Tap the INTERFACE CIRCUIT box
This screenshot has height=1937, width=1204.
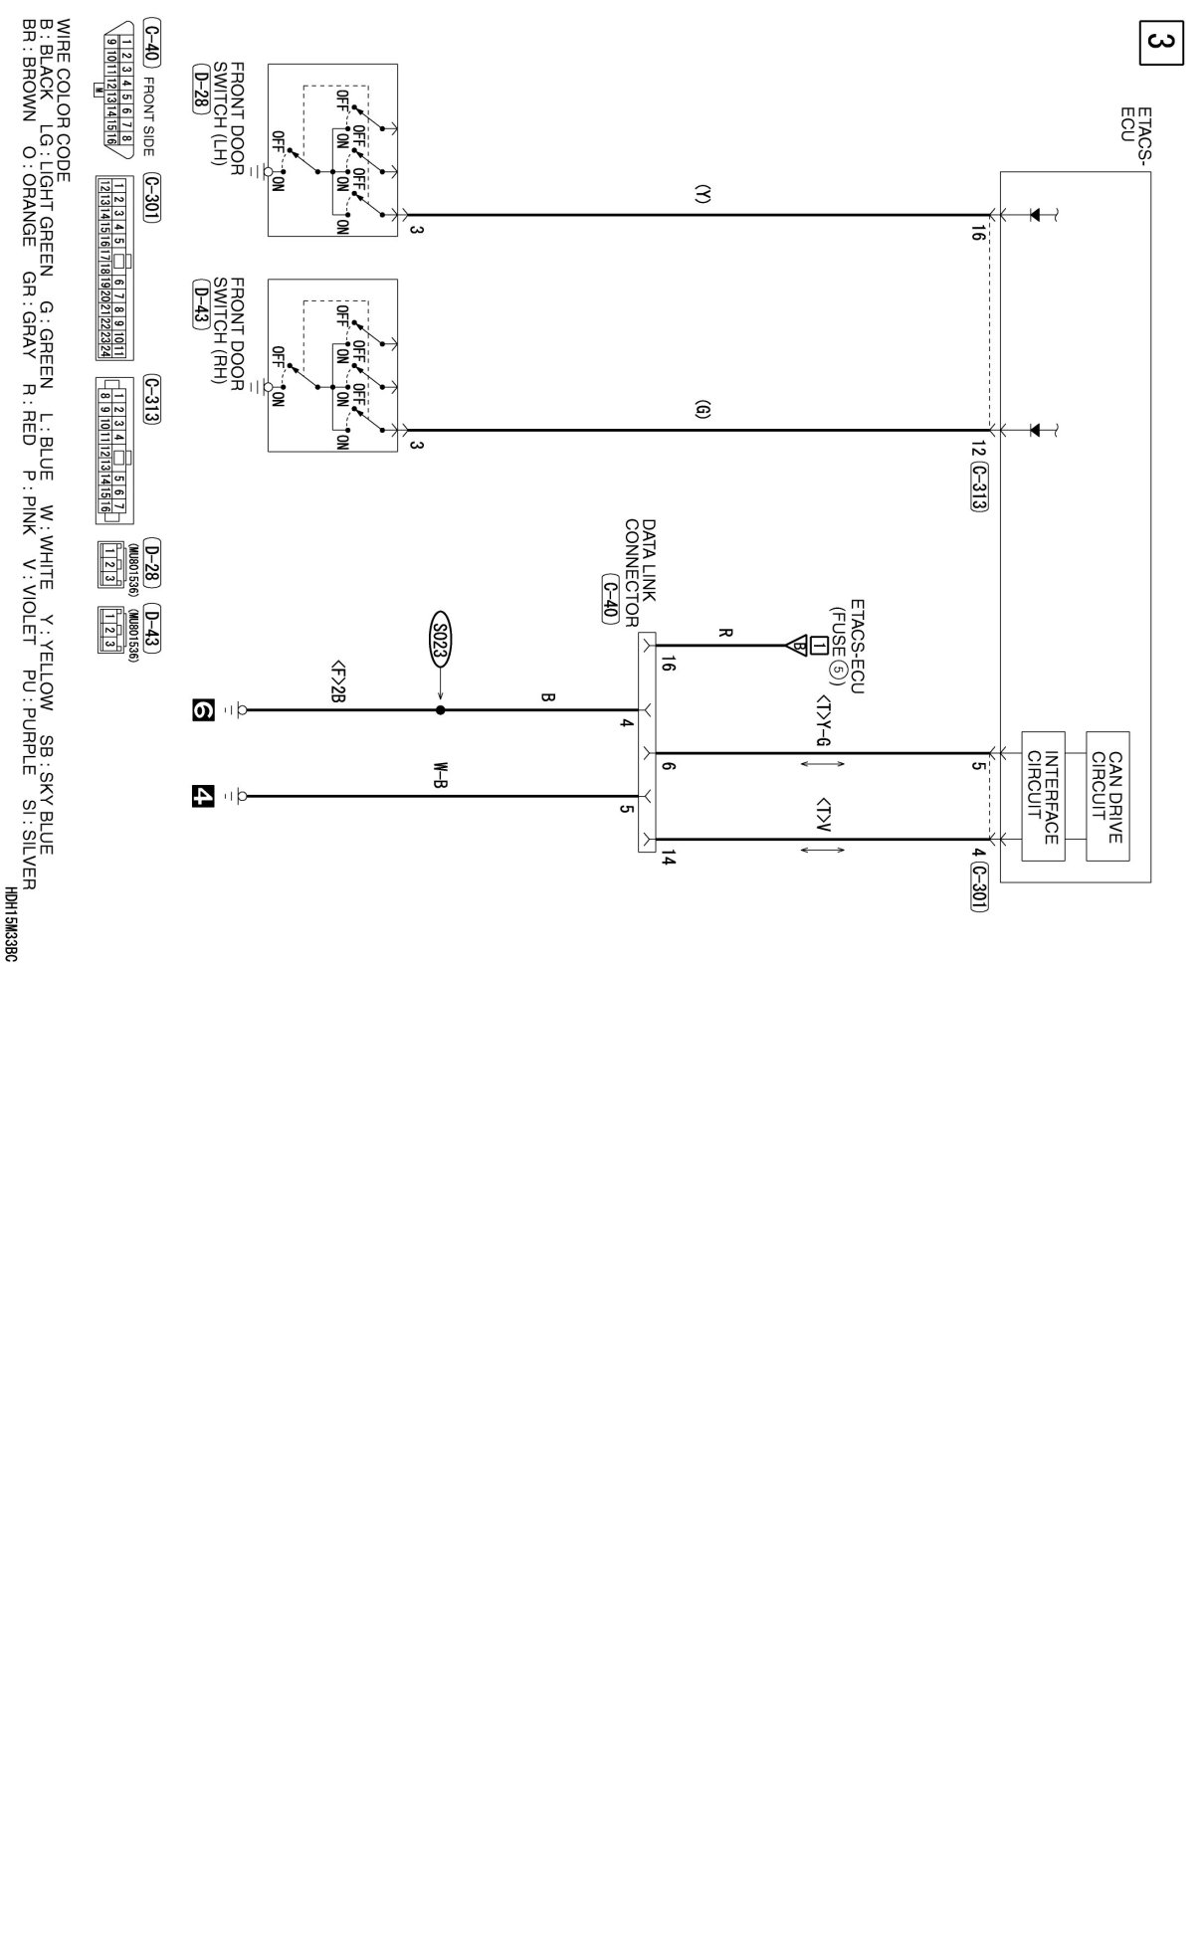(1043, 797)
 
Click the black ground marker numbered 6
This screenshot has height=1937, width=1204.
(203, 709)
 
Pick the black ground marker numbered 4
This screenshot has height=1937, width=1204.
(203, 796)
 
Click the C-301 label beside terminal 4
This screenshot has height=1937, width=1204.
(979, 884)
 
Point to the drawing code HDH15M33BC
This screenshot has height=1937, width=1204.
(10, 924)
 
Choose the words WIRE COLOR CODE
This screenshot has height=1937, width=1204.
(64, 99)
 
